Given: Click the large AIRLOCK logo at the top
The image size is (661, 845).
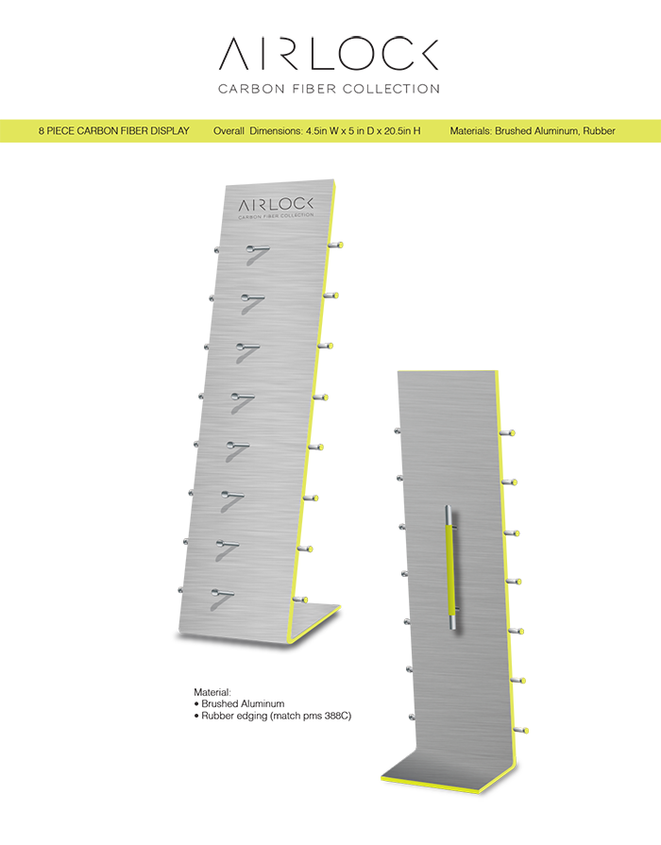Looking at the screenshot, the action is (329, 54).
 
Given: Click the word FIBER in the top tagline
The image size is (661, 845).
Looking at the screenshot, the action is (315, 89).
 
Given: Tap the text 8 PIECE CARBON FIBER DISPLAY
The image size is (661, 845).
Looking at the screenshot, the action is (113, 131).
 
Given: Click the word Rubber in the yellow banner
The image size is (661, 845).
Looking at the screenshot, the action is (599, 131).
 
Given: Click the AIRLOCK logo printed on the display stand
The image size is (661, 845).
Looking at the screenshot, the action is (276, 208).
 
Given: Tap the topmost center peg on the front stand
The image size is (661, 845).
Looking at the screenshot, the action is (258, 249).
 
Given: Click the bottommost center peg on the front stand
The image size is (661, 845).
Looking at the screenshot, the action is (222, 593).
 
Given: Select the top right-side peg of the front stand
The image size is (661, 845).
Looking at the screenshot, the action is (335, 245).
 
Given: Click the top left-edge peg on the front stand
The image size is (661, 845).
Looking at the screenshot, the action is (217, 250).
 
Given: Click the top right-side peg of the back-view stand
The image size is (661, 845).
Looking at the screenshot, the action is (507, 432).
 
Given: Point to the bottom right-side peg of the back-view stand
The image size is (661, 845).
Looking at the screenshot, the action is (520, 730).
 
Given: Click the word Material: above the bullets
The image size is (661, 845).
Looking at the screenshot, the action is (212, 692).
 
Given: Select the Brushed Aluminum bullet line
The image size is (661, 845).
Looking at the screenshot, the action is (239, 703).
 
